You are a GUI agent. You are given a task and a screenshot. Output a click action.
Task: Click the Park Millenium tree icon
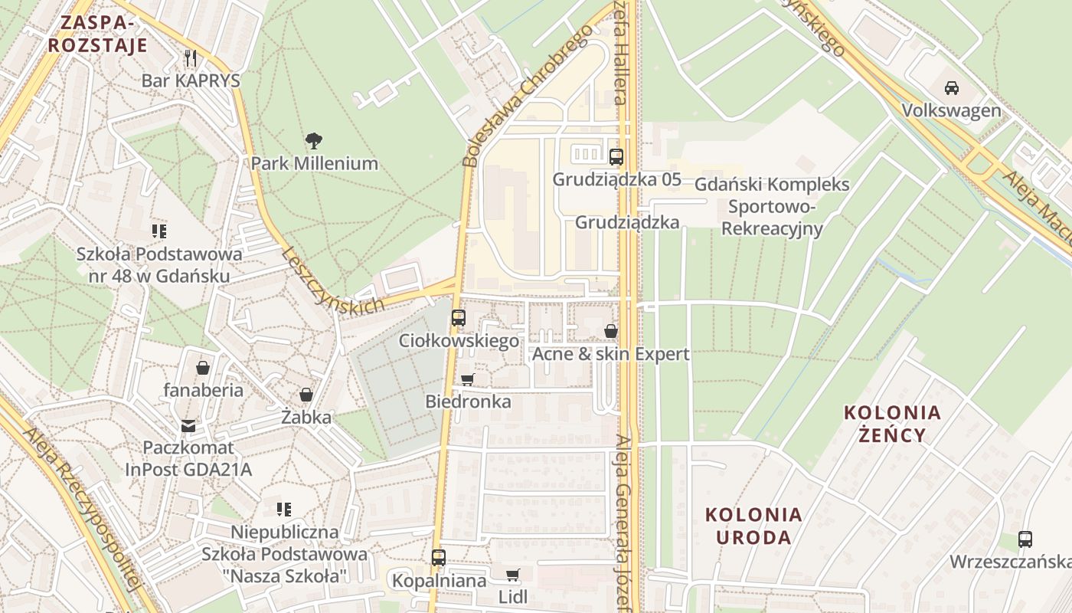(x=313, y=140)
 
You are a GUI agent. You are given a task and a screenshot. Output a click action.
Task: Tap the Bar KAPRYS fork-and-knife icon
(x=191, y=57)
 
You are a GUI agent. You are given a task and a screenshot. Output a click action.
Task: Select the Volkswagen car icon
(x=951, y=87)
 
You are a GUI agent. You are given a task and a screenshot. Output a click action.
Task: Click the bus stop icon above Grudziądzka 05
(x=616, y=156)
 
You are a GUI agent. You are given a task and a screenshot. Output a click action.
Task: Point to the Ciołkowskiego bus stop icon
(x=458, y=317)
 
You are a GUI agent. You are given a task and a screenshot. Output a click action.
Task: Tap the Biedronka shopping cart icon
(x=468, y=379)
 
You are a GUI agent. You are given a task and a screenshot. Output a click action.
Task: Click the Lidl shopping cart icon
(x=513, y=575)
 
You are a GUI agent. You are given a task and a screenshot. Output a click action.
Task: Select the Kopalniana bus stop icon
(x=438, y=558)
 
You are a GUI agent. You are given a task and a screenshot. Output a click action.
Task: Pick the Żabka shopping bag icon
(x=306, y=395)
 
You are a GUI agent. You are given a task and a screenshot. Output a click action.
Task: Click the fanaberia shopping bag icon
(x=203, y=368)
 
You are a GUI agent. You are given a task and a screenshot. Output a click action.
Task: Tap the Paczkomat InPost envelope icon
(x=188, y=425)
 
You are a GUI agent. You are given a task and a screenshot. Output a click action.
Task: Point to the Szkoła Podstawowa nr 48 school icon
(x=159, y=231)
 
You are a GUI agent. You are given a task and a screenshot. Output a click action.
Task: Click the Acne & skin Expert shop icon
(x=611, y=331)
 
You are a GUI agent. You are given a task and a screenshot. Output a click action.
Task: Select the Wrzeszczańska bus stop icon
(x=1025, y=539)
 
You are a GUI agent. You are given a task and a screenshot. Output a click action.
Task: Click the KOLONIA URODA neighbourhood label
(x=753, y=526)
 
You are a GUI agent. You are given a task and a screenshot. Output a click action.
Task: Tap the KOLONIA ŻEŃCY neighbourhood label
(x=892, y=424)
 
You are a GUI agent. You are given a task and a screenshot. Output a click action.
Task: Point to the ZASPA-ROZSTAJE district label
(x=97, y=33)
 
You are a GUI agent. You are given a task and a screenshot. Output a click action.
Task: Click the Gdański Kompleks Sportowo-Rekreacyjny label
(x=772, y=206)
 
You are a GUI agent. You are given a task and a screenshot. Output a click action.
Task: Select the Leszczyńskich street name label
(x=332, y=281)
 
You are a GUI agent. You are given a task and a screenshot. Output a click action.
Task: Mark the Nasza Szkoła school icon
(x=284, y=509)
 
